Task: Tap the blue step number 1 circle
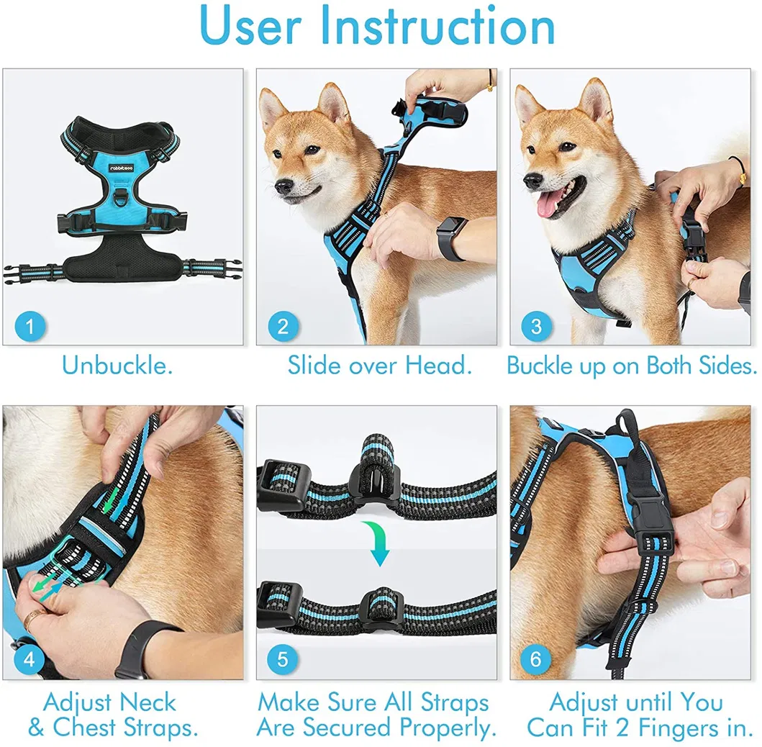(x=30, y=327)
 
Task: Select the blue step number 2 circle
(x=283, y=327)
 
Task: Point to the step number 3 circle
(x=536, y=327)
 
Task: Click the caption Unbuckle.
(x=117, y=366)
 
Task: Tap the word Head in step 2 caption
(x=437, y=366)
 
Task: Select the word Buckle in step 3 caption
(x=541, y=366)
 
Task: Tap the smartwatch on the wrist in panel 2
(x=451, y=238)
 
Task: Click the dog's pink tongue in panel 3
(x=548, y=206)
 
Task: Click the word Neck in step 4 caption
(x=148, y=702)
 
